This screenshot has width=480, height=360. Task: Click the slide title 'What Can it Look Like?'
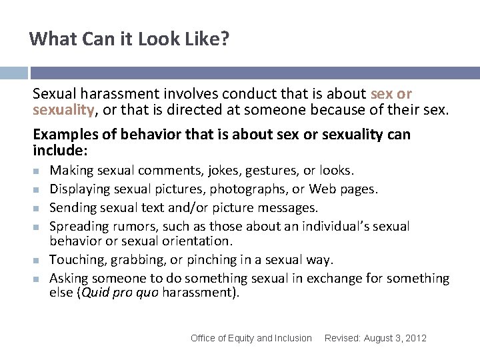coord(129,39)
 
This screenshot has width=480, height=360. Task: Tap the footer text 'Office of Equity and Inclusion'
coord(251,338)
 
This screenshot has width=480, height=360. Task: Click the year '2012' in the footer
coord(415,338)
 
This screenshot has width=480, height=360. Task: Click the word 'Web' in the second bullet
coord(324,189)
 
